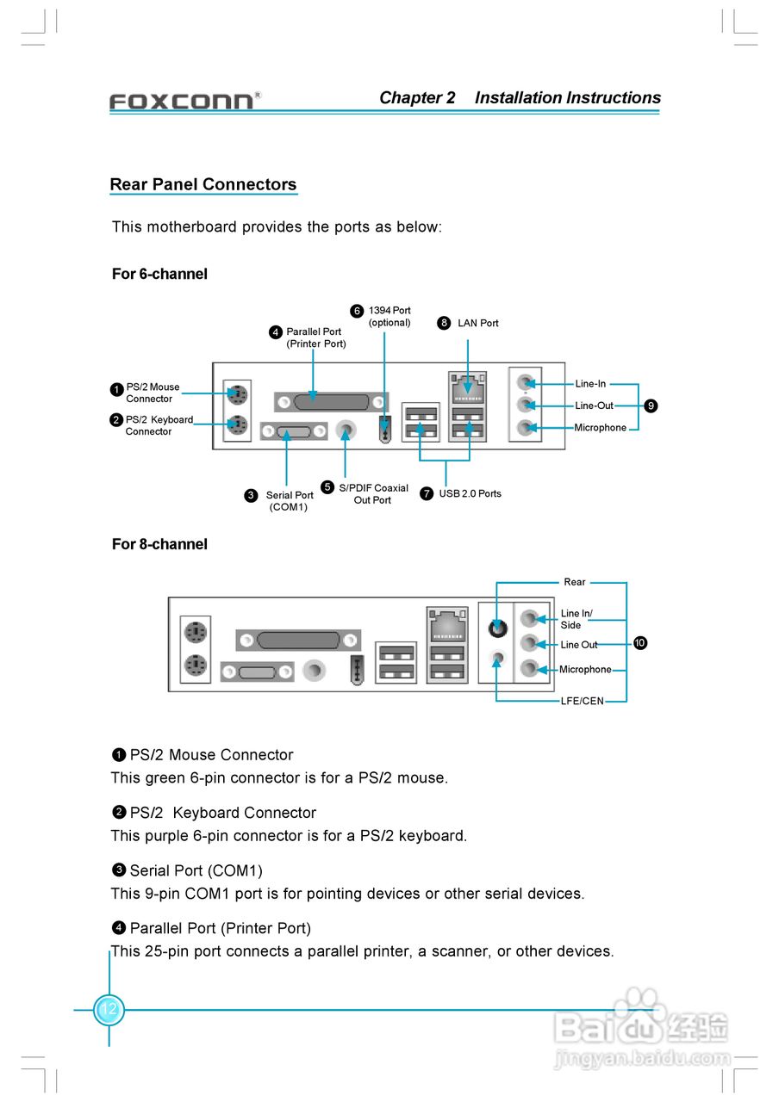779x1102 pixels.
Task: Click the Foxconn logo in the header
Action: pyautogui.click(x=184, y=101)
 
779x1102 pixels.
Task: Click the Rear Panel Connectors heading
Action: pyautogui.click(x=203, y=184)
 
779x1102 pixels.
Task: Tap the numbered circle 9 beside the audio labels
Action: pyautogui.click(x=651, y=406)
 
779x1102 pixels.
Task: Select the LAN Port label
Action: pyautogui.click(x=477, y=323)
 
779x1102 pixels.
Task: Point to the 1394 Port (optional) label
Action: pyautogui.click(x=389, y=316)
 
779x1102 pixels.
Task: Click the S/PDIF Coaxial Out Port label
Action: pyautogui.click(x=373, y=494)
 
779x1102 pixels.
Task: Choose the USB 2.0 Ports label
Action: pyautogui.click(x=470, y=493)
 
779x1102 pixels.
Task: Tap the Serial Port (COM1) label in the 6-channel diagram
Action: pyautogui.click(x=290, y=501)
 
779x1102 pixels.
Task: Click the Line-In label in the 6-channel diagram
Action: pyautogui.click(x=590, y=384)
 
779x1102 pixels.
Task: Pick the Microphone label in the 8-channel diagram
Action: pyautogui.click(x=585, y=669)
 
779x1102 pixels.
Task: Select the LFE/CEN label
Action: pyautogui.click(x=583, y=701)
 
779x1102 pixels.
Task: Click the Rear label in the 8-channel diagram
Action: pyautogui.click(x=575, y=582)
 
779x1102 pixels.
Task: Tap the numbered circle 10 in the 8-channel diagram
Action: pyautogui.click(x=640, y=643)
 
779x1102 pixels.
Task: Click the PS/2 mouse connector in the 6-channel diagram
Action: pyautogui.click(x=236, y=394)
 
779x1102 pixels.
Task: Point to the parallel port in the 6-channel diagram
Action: pyautogui.click(x=331, y=401)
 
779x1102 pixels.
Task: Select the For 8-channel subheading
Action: pyautogui.click(x=159, y=544)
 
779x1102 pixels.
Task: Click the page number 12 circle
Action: pyautogui.click(x=109, y=1009)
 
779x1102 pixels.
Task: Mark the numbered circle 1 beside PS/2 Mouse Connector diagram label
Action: pyautogui.click(x=116, y=389)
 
